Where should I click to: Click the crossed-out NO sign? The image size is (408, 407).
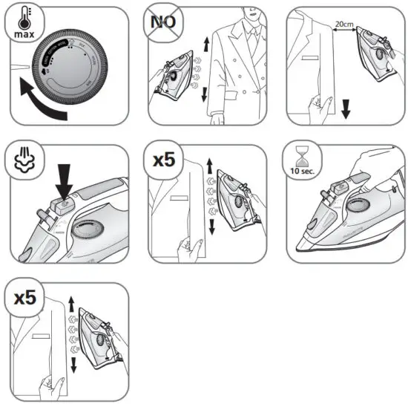point(162,22)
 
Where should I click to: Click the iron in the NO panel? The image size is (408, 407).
point(177,77)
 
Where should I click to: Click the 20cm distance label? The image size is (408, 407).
point(344,23)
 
